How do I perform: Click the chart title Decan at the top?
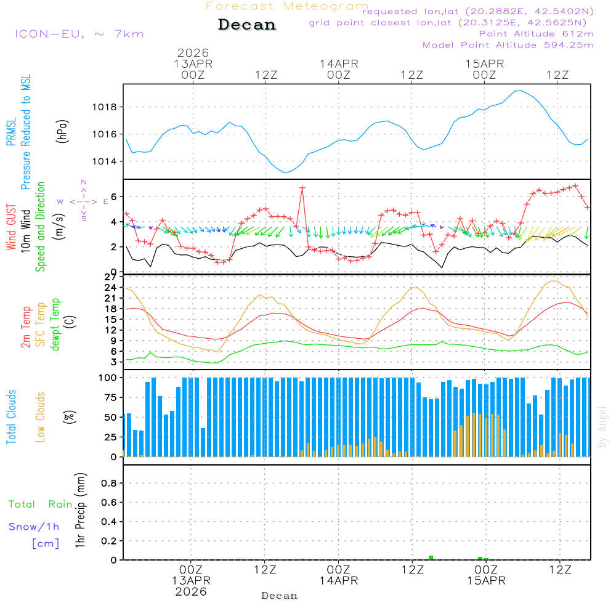point(247,25)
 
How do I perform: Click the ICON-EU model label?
point(79,34)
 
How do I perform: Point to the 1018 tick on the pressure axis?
point(108,107)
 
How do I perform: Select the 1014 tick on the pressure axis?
point(108,161)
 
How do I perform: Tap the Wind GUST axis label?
point(10,228)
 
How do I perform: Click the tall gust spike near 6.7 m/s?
point(302,187)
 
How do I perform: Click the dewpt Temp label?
point(56,324)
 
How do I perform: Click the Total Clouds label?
point(10,417)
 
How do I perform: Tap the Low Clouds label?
point(41,417)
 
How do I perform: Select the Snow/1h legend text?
point(34,527)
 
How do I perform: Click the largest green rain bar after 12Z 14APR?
point(431,557)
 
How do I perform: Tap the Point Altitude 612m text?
point(536,33)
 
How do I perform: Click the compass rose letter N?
point(84,182)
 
